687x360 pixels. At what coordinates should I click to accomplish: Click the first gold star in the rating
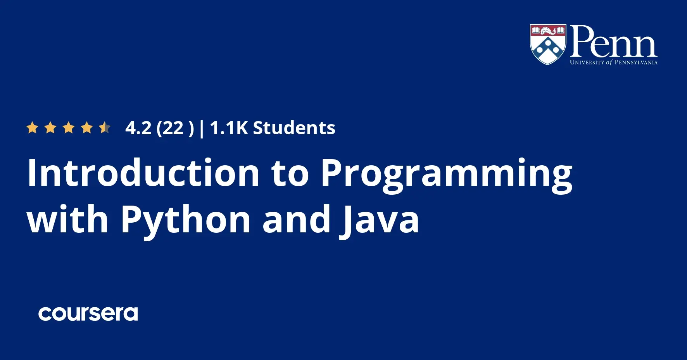[32, 128]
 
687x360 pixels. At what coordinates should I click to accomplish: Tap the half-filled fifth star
[105, 128]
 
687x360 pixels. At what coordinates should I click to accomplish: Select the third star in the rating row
[69, 128]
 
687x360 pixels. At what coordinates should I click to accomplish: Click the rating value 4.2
[138, 128]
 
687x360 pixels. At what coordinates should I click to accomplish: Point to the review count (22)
[175, 128]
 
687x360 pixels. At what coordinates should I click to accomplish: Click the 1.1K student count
[229, 128]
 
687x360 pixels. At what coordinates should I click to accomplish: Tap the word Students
[294, 128]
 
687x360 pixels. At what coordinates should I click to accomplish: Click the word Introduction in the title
[143, 173]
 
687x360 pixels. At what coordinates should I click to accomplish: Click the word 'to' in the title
[290, 174]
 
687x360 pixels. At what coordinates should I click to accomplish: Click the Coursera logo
[88, 314]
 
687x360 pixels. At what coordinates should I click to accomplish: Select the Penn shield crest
[548, 44]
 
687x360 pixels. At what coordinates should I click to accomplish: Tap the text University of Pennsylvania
[614, 62]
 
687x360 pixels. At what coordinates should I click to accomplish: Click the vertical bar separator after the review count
[201, 129]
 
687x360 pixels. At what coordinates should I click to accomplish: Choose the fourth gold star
[87, 128]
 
